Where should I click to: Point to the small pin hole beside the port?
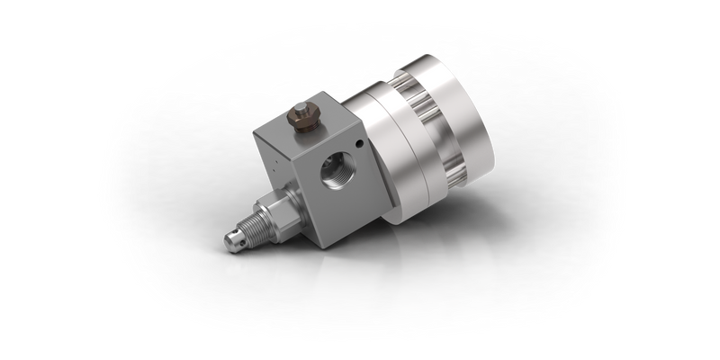(357, 143)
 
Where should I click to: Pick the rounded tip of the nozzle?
(231, 240)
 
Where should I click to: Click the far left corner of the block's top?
(254, 132)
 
